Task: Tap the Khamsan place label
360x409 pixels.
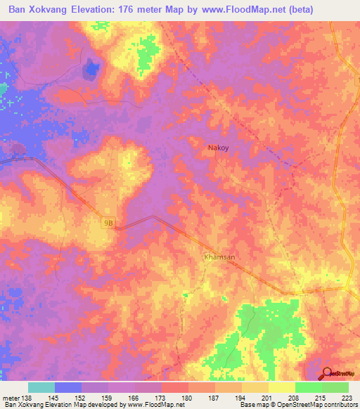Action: point(219,257)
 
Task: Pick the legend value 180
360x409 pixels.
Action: point(188,398)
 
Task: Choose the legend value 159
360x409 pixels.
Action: point(108,398)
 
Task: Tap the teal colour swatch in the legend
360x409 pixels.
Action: point(41,387)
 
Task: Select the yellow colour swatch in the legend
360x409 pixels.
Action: point(281,387)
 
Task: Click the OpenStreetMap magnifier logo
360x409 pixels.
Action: point(327,374)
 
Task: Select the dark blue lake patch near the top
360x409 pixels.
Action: point(91,69)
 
